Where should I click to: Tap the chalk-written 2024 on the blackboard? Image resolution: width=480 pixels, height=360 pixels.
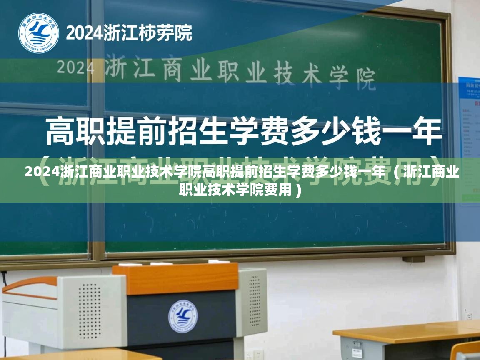tap(75, 67)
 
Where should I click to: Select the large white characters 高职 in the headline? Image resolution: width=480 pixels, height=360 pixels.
tap(75, 130)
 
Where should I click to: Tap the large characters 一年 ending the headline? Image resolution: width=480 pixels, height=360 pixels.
tap(417, 130)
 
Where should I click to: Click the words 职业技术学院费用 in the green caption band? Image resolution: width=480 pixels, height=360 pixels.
tap(235, 190)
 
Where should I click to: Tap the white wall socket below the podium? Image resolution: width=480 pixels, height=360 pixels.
tap(258, 355)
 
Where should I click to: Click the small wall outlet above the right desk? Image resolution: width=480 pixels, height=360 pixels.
tap(470, 316)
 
